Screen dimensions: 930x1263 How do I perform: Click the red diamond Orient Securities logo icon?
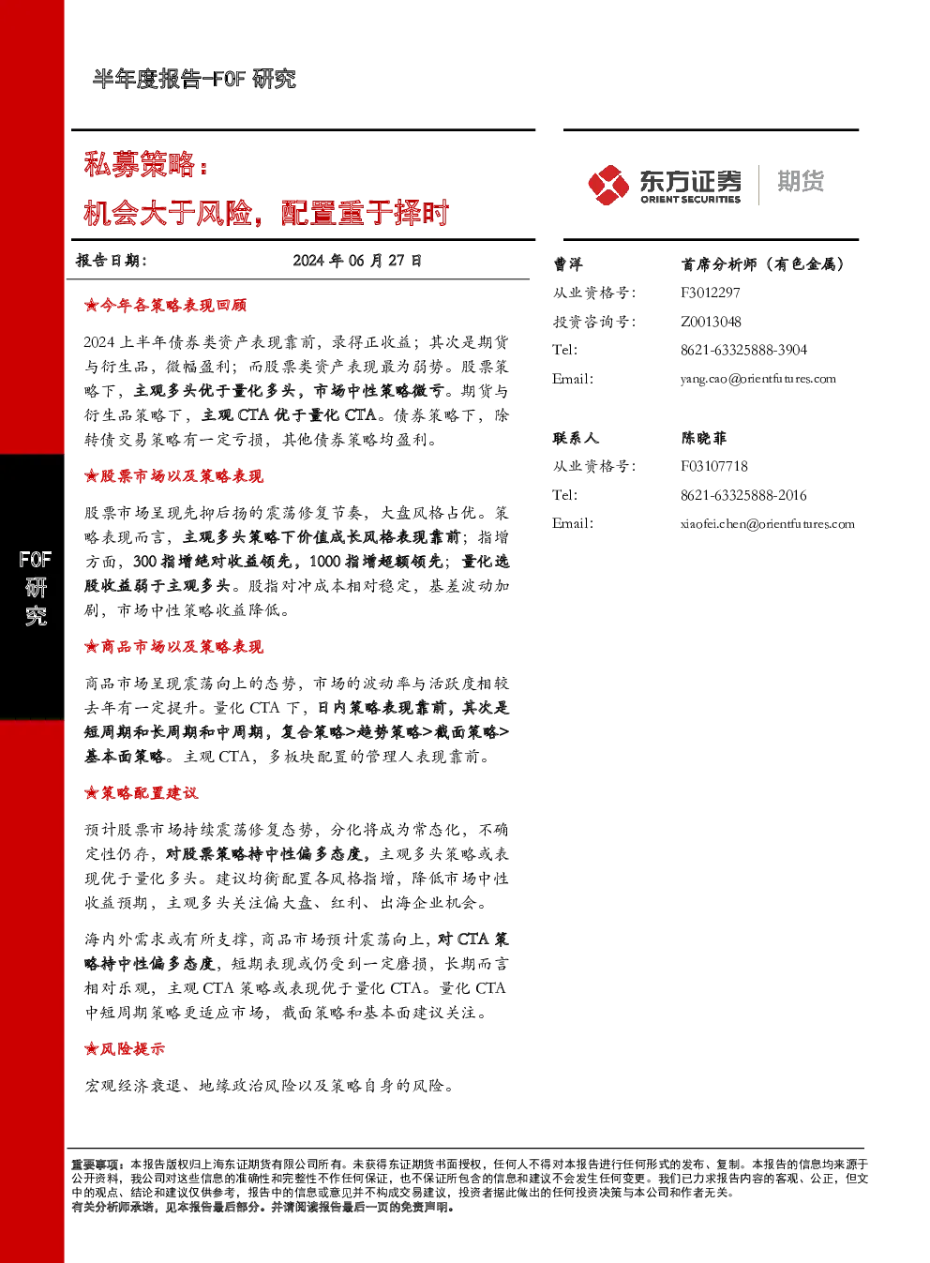tap(608, 185)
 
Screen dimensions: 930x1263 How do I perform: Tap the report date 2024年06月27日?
tap(357, 261)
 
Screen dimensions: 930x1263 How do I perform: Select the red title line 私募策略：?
tap(146, 165)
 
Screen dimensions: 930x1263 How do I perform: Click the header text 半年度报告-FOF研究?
tap(194, 79)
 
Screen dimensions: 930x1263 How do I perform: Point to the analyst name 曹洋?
tap(567, 263)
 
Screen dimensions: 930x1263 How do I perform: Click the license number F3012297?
tap(711, 293)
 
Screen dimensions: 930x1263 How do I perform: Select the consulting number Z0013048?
tap(711, 322)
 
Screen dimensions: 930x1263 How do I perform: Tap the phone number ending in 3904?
tap(743, 350)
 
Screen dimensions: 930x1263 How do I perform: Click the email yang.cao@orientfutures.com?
tap(758, 379)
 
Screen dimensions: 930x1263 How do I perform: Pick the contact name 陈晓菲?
tap(703, 438)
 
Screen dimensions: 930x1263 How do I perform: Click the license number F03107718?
tap(714, 466)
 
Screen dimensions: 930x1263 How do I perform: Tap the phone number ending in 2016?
tap(743, 495)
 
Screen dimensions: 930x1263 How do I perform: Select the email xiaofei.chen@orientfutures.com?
tap(768, 524)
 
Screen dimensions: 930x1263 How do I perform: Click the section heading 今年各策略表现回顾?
tap(173, 306)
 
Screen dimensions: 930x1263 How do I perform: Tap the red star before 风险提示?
tap(91, 1049)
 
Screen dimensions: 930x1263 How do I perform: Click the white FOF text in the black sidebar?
tap(35, 560)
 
